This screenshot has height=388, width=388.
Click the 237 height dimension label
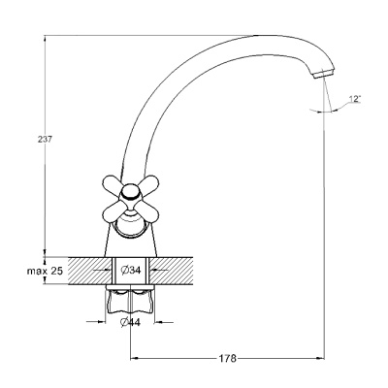coord(45,140)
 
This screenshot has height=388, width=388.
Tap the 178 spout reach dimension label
coord(228,359)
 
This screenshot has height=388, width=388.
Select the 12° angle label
coord(355,99)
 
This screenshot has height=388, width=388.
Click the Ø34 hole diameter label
coord(131,270)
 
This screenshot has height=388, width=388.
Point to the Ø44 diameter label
coord(130,322)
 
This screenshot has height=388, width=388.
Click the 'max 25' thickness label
coord(45,271)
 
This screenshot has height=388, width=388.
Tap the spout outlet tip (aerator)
coord(324,73)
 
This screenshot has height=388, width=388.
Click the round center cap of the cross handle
coord(131,193)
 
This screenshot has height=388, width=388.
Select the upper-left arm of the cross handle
coord(113,183)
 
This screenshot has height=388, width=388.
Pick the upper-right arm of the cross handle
coord(148,183)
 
